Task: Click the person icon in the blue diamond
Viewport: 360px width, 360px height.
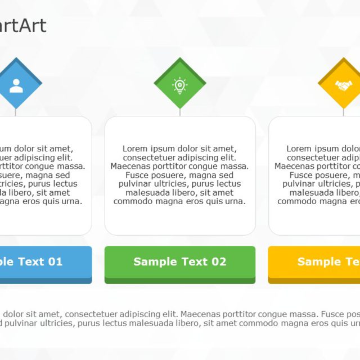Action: click(16, 85)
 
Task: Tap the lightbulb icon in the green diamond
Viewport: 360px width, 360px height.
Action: click(180, 85)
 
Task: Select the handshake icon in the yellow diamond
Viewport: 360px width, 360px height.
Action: click(343, 85)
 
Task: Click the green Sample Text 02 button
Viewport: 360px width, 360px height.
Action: click(180, 262)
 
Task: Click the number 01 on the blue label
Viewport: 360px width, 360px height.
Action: click(55, 262)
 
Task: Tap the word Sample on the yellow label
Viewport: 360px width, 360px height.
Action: click(319, 262)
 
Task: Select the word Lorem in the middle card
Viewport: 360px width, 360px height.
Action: click(135, 149)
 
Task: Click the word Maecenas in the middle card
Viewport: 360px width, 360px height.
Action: click(131, 166)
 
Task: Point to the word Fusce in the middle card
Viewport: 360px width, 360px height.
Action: click(138, 175)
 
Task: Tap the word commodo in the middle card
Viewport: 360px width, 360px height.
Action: click(134, 201)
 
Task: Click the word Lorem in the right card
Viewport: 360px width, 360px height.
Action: click(299, 149)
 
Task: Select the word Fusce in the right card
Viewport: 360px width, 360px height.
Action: click(301, 175)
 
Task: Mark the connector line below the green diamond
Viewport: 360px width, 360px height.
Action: click(180, 112)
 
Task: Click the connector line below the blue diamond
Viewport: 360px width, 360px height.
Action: click(16, 112)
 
